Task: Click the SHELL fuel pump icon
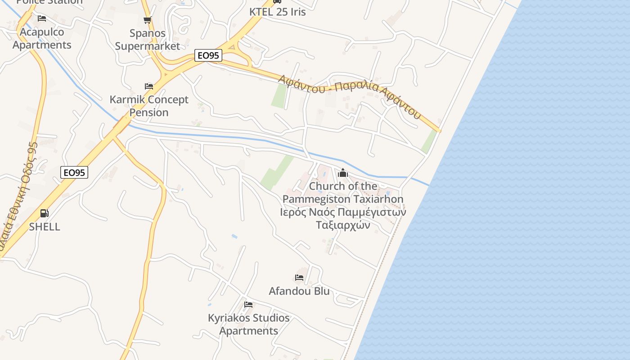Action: tap(44, 213)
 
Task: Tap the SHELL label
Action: tap(45, 227)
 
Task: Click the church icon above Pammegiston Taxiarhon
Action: tap(343, 173)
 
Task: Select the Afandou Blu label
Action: tap(299, 291)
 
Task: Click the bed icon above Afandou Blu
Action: tap(299, 278)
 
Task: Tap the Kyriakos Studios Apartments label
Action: tap(249, 324)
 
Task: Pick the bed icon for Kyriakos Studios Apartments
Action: tap(248, 305)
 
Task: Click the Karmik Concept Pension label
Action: tap(149, 106)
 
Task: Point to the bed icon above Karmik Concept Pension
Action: tap(149, 86)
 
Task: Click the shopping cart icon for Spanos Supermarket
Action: tap(147, 20)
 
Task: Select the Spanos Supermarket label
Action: tap(148, 40)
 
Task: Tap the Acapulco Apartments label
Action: tap(42, 38)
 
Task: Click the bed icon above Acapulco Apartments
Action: tap(42, 18)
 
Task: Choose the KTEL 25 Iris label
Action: tap(278, 12)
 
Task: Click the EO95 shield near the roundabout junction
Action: tap(209, 55)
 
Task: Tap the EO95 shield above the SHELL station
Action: tap(75, 172)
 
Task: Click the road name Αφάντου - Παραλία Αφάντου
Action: tap(350, 96)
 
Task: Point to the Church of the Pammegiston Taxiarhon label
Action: tap(343, 192)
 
